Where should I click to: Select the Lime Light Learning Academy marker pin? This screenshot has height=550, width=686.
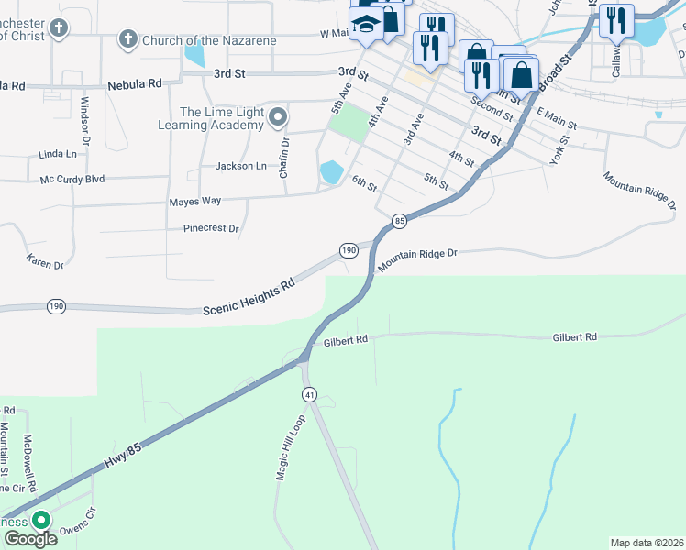pos(279,117)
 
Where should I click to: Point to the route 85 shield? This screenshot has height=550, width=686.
pos(399,221)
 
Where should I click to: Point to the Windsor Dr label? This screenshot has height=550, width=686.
pos(84,121)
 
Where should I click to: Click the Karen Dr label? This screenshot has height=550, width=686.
pos(45,262)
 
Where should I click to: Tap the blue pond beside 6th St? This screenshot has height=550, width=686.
pos(331,171)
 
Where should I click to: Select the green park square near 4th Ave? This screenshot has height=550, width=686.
pos(349,126)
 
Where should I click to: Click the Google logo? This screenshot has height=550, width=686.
pos(29,539)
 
